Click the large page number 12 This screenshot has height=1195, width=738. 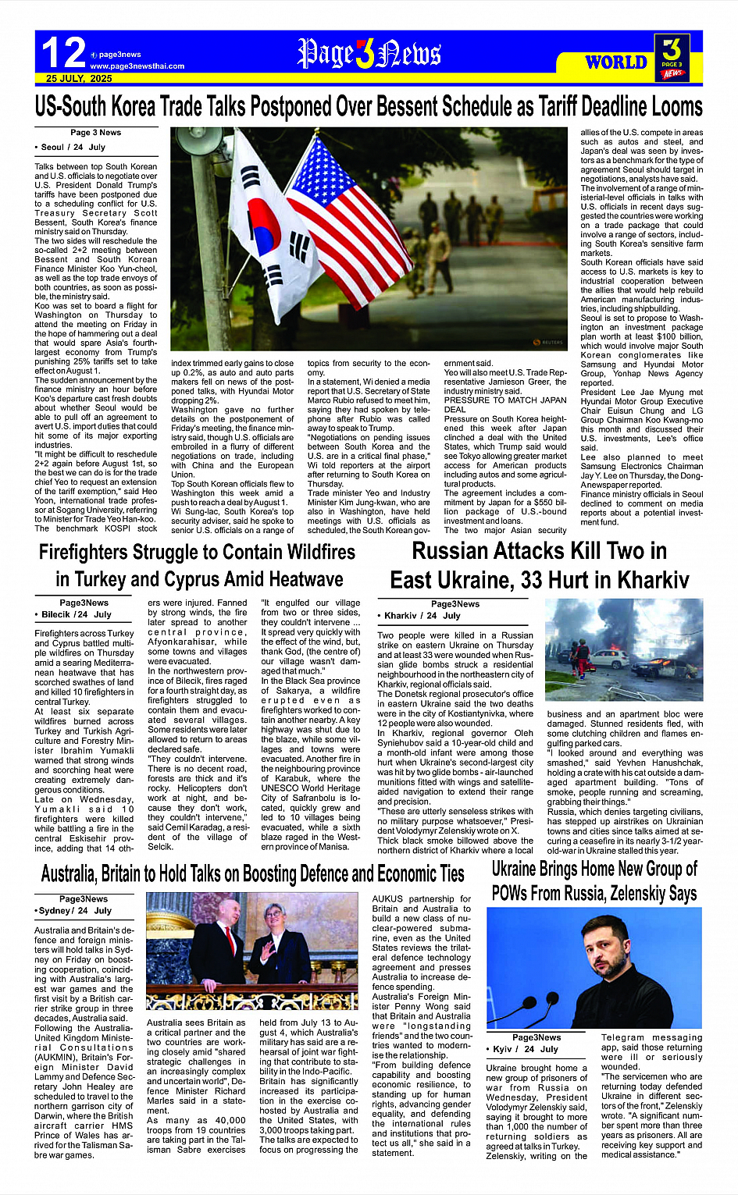point(63,52)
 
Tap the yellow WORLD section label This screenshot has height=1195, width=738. point(616,62)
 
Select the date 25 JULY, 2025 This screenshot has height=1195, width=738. point(79,79)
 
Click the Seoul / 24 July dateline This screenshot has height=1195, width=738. point(73,147)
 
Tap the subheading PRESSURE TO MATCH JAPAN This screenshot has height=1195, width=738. point(505,400)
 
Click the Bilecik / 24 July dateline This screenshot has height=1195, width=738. point(77,614)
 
